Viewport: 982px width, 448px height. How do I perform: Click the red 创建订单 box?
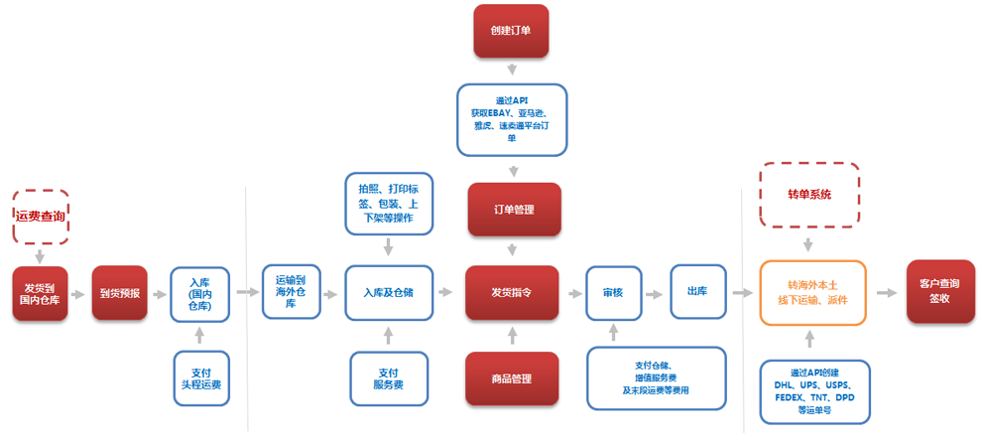pyautogui.click(x=511, y=31)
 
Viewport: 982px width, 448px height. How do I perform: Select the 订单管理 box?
pyautogui.click(x=514, y=210)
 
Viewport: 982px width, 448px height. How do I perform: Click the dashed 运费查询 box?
pyautogui.click(x=42, y=216)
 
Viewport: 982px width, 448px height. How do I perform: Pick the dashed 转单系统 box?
pyautogui.click(x=809, y=195)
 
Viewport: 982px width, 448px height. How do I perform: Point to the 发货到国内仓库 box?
pyautogui.click(x=41, y=293)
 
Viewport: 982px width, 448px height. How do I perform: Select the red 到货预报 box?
pyautogui.click(x=120, y=293)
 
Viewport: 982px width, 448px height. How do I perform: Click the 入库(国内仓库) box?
pyautogui.click(x=200, y=293)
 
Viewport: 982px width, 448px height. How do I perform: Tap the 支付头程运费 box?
pyautogui.click(x=200, y=378)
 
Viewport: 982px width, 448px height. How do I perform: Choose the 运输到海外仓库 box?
pyautogui.click(x=292, y=291)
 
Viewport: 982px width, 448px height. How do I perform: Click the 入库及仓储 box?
pyautogui.click(x=389, y=293)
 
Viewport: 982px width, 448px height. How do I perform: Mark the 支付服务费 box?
pyautogui.click(x=388, y=378)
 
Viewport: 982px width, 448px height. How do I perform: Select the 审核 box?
pyautogui.click(x=613, y=293)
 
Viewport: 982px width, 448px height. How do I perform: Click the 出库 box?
pyautogui.click(x=697, y=291)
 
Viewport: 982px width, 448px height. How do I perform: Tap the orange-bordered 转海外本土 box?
pyautogui.click(x=812, y=293)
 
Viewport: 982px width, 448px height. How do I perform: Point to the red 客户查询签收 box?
pyautogui.click(x=933, y=291)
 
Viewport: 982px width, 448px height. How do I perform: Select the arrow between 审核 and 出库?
pyautogui.click(x=654, y=294)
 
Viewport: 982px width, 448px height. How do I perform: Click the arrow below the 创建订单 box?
pyautogui.click(x=511, y=71)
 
